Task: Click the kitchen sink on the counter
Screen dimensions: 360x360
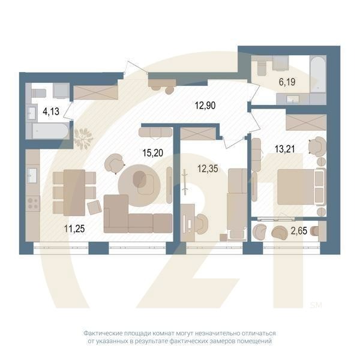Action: [32, 175]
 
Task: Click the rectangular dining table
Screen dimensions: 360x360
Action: [74, 191]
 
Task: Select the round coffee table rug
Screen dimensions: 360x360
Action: [139, 180]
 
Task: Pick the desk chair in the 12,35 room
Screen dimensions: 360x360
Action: [200, 223]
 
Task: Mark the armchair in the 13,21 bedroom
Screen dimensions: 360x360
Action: [316, 146]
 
